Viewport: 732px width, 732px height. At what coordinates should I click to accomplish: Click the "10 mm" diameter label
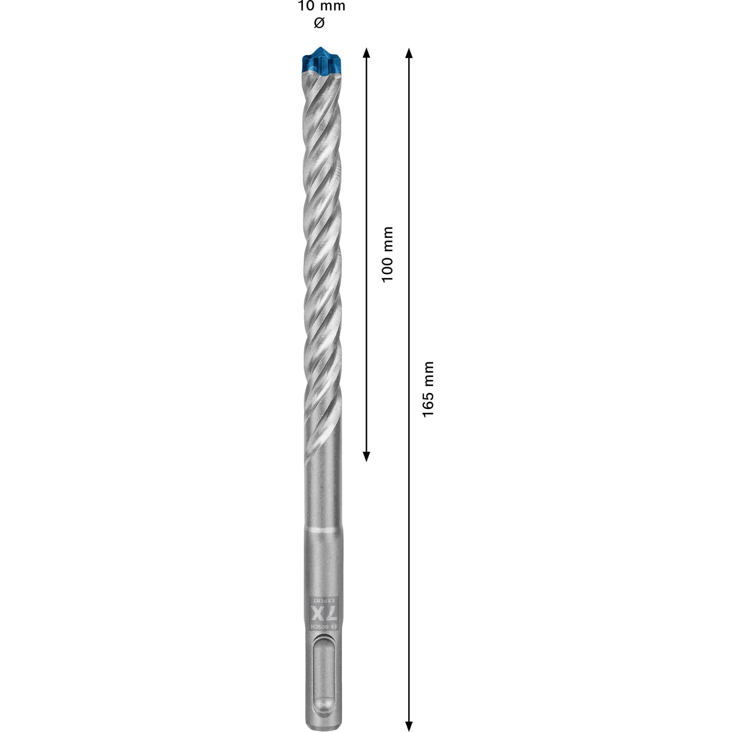(x=321, y=6)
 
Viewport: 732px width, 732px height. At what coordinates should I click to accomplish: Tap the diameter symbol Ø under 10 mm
(x=319, y=22)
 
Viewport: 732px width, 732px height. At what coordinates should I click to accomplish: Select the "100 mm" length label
(x=388, y=254)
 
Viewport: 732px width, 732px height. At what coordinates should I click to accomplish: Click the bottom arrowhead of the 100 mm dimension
(x=366, y=456)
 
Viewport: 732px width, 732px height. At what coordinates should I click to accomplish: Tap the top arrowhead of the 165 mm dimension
(x=409, y=53)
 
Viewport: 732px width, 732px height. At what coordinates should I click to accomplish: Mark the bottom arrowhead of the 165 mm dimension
(x=409, y=726)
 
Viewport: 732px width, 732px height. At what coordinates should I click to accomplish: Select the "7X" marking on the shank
(x=323, y=613)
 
